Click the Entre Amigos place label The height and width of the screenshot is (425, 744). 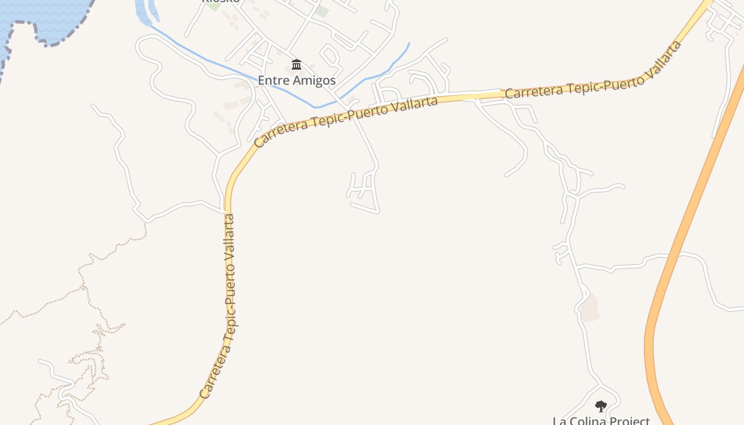pyautogui.click(x=297, y=80)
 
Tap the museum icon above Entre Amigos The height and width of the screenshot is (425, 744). pyautogui.click(x=297, y=65)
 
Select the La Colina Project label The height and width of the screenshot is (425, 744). pyautogui.click(x=601, y=420)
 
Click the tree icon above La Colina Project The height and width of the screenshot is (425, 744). pyautogui.click(x=601, y=406)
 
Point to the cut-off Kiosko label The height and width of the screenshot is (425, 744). pyautogui.click(x=221, y=2)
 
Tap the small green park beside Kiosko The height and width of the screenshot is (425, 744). pyautogui.click(x=214, y=6)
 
